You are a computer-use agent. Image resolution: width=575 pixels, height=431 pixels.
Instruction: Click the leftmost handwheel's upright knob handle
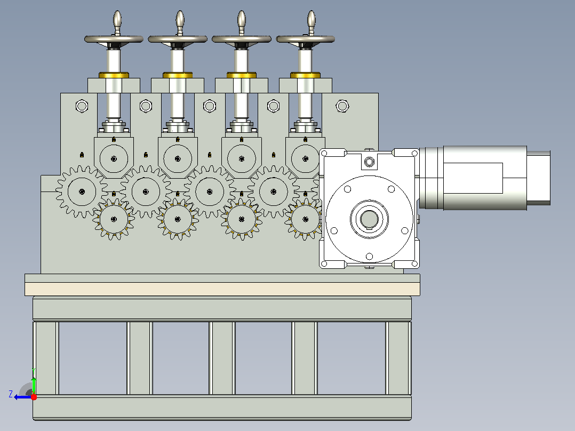coord(117,21)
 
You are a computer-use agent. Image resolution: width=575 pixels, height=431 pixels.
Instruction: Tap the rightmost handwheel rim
coord(306,39)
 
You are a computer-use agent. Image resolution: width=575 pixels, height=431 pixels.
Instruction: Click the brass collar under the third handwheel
coord(241,75)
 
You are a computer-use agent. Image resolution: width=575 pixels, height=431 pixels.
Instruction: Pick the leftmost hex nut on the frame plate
coord(82,106)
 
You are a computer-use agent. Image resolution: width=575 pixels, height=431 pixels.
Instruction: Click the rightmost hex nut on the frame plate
coord(342,106)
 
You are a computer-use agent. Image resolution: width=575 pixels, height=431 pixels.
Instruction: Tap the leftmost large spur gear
coord(82,191)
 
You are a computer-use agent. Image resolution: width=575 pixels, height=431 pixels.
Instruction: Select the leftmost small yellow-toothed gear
coord(114,219)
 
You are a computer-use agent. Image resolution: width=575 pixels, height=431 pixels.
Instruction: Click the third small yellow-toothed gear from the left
coord(241,219)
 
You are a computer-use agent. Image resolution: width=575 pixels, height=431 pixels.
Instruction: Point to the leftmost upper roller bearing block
coord(114,157)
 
